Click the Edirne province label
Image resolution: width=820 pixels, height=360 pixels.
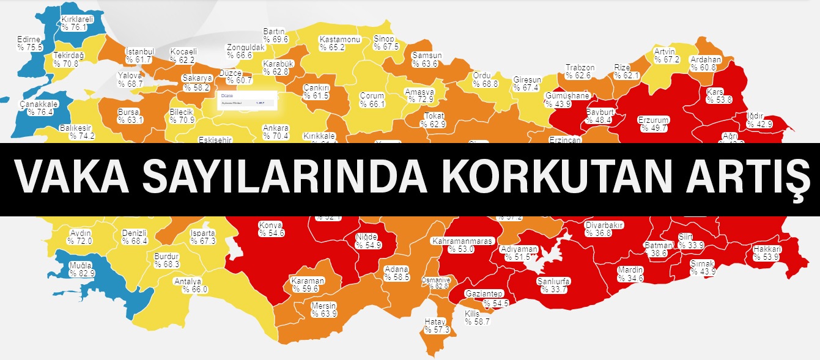coord(29,43)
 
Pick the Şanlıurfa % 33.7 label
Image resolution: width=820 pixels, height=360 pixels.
coord(553,285)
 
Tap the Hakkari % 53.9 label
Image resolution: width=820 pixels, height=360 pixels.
coord(767,253)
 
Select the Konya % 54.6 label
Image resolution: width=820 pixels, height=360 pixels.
coord(271,229)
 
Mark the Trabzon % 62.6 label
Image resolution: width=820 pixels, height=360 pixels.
coord(578,72)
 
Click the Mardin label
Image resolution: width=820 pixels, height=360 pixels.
coord(630,274)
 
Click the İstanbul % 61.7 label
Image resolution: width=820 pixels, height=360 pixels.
coord(139,55)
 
